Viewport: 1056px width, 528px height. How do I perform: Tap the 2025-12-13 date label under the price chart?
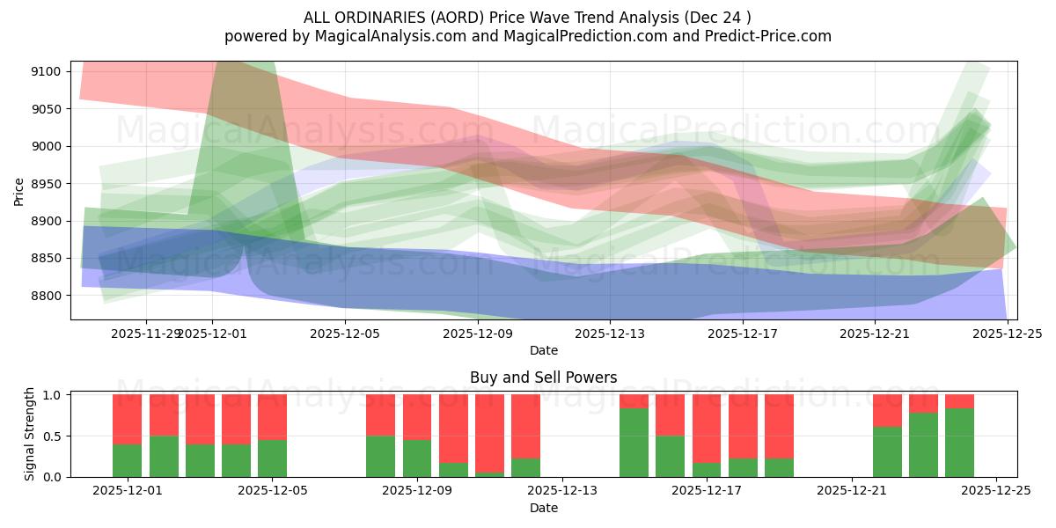[x=610, y=334]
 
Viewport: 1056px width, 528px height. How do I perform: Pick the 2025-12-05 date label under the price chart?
[x=345, y=334]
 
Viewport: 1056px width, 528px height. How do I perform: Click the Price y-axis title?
[x=19, y=190]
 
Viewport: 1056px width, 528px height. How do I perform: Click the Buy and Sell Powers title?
[x=543, y=378]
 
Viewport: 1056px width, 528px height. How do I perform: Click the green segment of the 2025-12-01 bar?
[x=127, y=460]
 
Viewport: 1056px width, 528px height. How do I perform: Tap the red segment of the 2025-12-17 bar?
[x=707, y=429]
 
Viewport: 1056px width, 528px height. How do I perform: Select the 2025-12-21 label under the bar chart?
[x=852, y=491]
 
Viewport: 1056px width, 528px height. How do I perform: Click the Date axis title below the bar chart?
[x=543, y=508]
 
